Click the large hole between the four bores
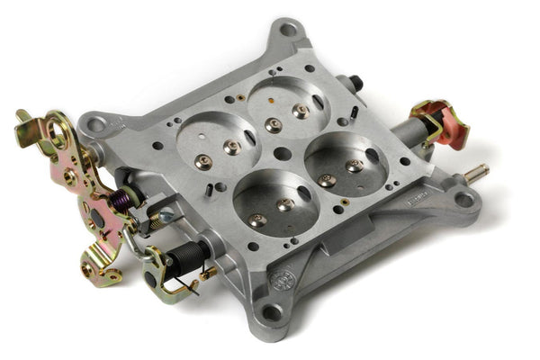click(x=282, y=154)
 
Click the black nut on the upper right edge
click(x=356, y=83)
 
